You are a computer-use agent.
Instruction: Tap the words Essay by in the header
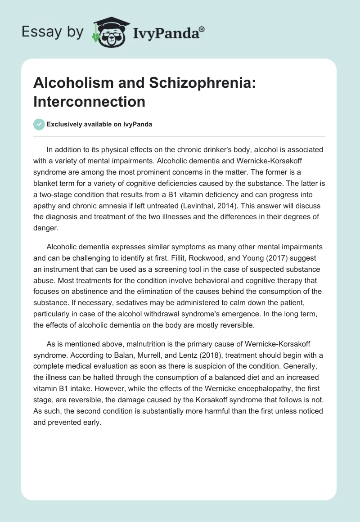pos(53,31)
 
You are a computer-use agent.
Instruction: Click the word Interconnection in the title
pos(89,102)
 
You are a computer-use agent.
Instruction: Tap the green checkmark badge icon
pos(39,124)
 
